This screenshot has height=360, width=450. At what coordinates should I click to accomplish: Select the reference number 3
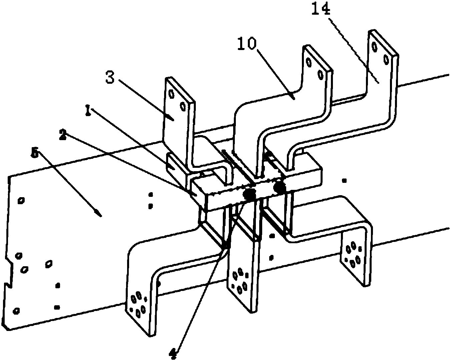pos(110,77)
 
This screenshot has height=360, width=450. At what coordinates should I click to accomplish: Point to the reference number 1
pos(88,111)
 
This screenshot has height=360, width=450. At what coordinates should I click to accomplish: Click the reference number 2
pos(63,134)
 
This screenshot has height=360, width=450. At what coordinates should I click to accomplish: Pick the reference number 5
pos(34,152)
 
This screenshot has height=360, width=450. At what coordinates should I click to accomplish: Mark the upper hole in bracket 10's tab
pos(308,62)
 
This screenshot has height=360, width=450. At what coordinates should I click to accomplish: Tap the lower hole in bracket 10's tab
pos(320,74)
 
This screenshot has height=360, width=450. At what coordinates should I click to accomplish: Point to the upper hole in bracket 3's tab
pos(171,94)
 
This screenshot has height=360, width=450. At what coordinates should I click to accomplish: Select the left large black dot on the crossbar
pos(249,194)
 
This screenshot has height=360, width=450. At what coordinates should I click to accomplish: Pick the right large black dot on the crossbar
pos(280,187)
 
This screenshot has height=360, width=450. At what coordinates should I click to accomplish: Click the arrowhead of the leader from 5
pos(99,215)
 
